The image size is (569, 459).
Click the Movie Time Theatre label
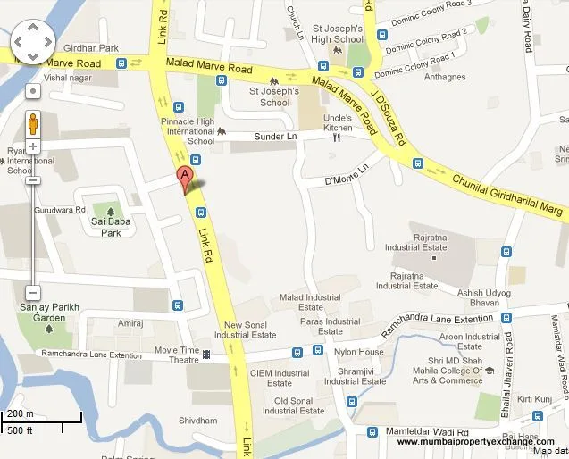[x=177, y=355]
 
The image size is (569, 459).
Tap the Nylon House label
[x=358, y=352]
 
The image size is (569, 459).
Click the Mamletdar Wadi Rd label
[x=424, y=430]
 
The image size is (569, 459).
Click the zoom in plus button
[x=32, y=146]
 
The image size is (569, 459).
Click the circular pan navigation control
[x=32, y=41]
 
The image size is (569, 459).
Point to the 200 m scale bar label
[x=21, y=413]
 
